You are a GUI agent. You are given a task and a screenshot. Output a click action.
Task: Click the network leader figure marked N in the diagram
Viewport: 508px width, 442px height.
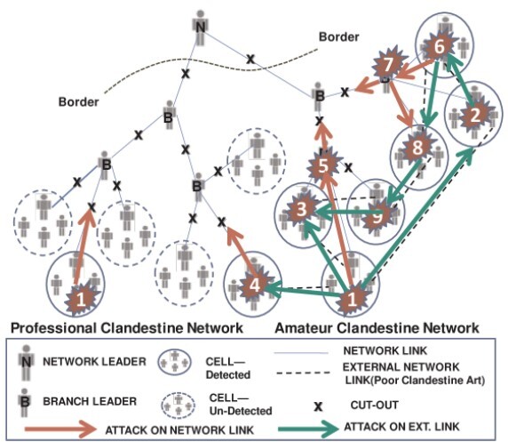(202, 27)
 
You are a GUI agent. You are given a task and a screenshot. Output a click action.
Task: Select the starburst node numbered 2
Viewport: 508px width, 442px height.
(475, 115)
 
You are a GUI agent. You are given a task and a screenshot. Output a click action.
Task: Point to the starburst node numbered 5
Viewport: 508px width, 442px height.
(325, 165)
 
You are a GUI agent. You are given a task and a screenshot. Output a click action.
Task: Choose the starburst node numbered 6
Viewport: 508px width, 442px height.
(437, 47)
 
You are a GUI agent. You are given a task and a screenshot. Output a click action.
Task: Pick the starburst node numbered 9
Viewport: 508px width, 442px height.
(377, 213)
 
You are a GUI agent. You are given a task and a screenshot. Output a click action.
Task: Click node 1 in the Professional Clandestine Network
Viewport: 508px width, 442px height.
(80, 299)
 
